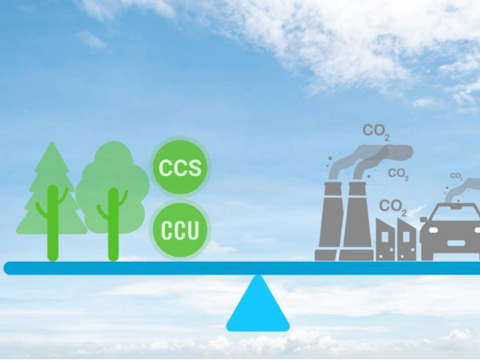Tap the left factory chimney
(x=330, y=220)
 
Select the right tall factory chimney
(x=358, y=220)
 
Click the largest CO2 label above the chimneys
(x=375, y=130)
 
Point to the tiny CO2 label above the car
(x=455, y=176)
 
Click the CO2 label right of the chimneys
(x=398, y=173)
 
